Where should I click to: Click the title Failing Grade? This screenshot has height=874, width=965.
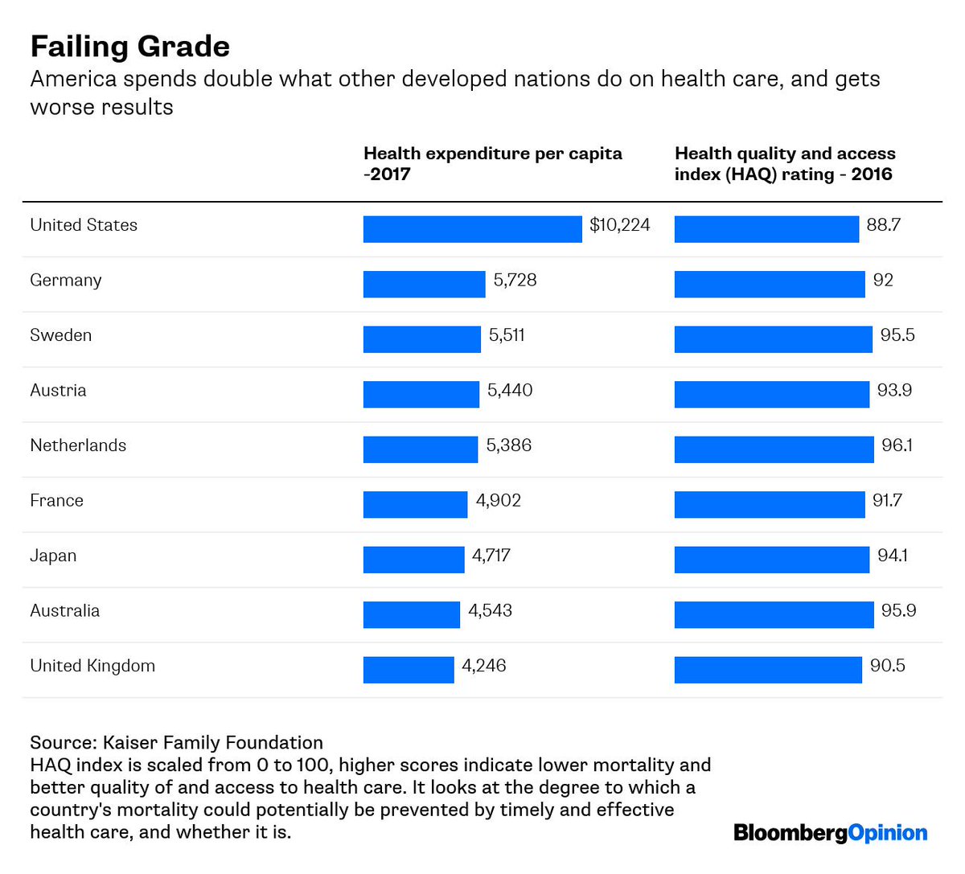(129, 47)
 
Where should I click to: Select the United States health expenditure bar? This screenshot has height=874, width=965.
(472, 229)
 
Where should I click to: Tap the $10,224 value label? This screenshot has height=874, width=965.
(619, 225)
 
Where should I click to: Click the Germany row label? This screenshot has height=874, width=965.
(66, 281)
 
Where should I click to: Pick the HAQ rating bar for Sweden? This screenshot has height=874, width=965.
(773, 339)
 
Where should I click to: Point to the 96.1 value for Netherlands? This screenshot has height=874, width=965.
(897, 445)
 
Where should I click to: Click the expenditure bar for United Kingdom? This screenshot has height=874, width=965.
(409, 670)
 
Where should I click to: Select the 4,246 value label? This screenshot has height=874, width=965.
(484, 666)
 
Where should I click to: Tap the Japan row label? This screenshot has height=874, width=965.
(53, 556)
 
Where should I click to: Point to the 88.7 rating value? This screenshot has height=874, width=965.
(883, 225)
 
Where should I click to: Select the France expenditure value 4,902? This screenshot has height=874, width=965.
(499, 501)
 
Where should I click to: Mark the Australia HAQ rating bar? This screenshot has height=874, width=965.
(774, 615)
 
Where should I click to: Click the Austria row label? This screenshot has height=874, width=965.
(58, 391)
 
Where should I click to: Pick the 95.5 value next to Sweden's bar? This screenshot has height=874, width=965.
(897, 335)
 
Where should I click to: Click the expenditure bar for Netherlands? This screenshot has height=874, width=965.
(420, 449)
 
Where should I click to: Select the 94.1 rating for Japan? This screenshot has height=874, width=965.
(893, 556)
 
